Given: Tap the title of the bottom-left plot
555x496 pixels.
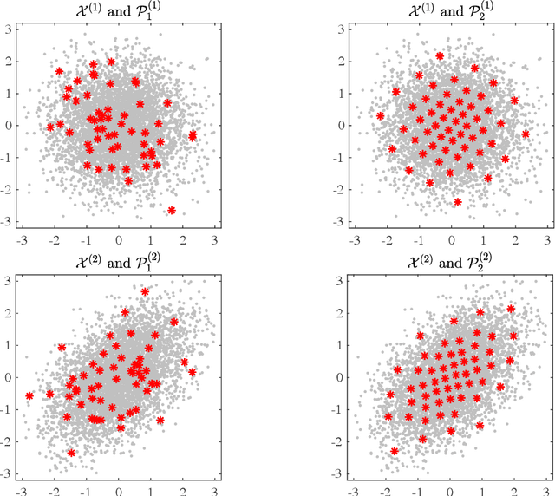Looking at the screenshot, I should [119, 261].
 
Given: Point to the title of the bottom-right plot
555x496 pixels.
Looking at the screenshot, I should [450, 261].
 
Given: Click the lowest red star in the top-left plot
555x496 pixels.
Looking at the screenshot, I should [172, 211].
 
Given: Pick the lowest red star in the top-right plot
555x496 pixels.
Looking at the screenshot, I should [457, 202].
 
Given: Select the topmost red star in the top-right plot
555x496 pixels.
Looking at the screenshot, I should [440, 56].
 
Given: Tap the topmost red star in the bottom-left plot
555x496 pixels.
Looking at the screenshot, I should [145, 292].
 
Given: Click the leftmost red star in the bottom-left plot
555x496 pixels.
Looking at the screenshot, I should [29, 396].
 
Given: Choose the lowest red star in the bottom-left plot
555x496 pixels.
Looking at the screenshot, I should [71, 453].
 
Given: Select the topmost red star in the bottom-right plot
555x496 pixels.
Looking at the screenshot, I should [511, 309].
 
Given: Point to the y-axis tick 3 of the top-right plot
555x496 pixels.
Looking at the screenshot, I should [343, 28].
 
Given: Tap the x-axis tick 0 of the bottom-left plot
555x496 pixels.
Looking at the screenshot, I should [119, 491].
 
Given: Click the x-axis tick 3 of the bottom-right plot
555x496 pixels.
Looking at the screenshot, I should [547, 491].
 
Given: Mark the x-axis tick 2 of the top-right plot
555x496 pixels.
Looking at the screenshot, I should [515, 239].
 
